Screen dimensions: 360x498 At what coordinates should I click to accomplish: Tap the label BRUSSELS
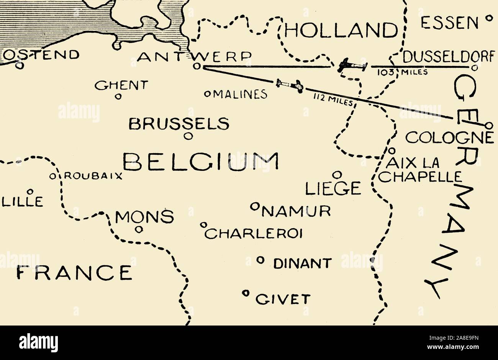tap(179, 124)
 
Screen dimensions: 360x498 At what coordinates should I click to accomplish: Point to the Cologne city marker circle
tap(488, 125)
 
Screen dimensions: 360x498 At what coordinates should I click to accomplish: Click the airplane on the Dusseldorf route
tap(351, 66)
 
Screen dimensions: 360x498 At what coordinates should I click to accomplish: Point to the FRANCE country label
tap(75, 272)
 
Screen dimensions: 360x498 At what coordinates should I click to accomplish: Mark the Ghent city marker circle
tap(118, 97)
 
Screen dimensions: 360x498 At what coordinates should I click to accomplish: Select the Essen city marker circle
tap(488, 18)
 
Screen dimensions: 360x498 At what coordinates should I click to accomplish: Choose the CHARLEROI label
tap(254, 233)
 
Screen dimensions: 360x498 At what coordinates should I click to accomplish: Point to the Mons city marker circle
tap(139, 230)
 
